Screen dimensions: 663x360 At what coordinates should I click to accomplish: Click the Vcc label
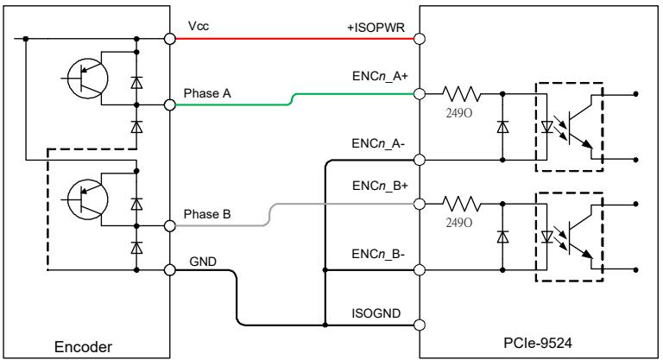coord(199,26)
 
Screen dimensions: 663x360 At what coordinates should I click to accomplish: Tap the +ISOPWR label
coord(376,28)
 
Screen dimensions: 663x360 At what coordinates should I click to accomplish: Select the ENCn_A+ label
coord(380,76)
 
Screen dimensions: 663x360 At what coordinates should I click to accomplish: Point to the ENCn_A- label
coord(378,143)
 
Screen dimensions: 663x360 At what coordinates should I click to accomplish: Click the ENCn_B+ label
coord(380,186)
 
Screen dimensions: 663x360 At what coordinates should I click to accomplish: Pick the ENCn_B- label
coord(378,254)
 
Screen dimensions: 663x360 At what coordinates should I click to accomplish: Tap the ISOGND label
coord(376,313)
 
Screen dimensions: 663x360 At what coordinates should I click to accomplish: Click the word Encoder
coord(83,347)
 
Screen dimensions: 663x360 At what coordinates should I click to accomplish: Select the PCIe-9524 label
coord(538,342)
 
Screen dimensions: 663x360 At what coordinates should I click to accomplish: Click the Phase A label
coord(207,93)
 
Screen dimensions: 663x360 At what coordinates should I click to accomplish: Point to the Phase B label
coord(207,214)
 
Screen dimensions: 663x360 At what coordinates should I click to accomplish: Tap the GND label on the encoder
coord(203,262)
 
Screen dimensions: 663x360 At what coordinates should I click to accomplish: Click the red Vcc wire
coord(294,39)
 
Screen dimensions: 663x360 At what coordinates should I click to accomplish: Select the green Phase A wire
coord(292,99)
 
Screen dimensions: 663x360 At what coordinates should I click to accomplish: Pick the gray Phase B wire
coord(270,215)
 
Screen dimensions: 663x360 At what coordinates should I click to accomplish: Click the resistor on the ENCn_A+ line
coord(461,93)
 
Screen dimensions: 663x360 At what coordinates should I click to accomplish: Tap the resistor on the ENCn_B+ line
coord(461,204)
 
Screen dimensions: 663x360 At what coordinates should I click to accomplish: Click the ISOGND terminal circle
coord(419,325)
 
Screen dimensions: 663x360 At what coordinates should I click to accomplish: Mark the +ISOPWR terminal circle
coord(419,39)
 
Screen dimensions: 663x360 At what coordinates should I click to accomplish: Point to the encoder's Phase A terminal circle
coord(169,104)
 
